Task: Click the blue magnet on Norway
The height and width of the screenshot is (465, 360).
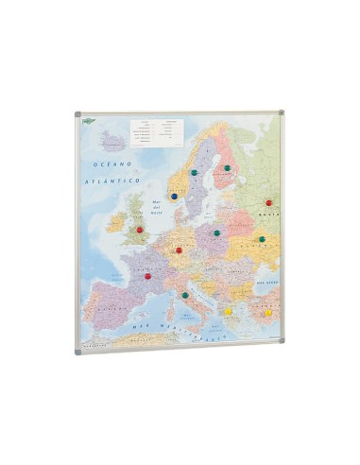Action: tap(174, 196)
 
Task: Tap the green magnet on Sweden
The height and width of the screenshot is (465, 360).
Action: tap(194, 173)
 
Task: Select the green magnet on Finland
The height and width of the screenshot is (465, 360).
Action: tap(228, 168)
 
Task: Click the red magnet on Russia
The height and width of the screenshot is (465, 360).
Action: tap(269, 202)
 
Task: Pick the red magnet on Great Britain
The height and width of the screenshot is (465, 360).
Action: tap(139, 229)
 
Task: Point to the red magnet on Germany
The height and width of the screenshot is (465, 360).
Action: tap(179, 250)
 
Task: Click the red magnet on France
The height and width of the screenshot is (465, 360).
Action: tap(147, 276)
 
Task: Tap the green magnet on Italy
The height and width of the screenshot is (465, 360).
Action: tap(185, 295)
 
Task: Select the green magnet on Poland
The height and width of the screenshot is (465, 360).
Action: tap(216, 232)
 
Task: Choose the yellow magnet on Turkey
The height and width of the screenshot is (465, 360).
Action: tap(269, 313)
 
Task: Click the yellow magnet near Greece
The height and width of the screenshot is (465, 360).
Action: tap(229, 310)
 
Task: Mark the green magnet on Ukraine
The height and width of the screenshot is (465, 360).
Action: tap(262, 239)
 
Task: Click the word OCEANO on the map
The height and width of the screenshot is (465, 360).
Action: tap(104, 164)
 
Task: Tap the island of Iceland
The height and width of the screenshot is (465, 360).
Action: tap(113, 145)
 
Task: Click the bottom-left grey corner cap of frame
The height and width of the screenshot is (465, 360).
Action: tap(78, 351)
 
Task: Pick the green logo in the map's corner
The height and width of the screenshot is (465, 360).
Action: tap(87, 118)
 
